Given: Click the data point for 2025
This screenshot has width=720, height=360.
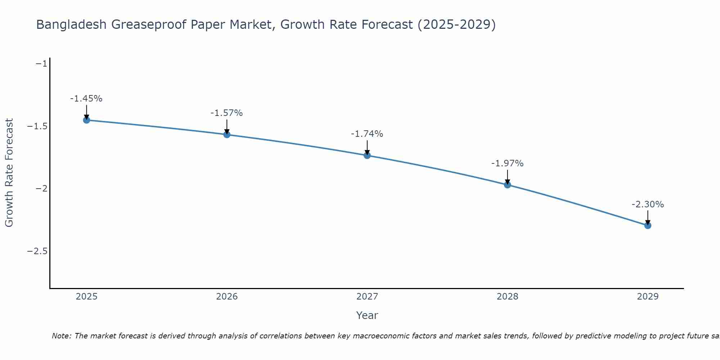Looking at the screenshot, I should [86, 120].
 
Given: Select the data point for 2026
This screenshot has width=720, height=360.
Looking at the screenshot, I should [227, 135].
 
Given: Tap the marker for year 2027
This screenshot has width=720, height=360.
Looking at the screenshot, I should [367, 156].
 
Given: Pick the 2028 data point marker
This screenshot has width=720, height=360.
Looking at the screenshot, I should [508, 185].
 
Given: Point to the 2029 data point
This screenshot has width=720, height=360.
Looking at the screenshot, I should [648, 226].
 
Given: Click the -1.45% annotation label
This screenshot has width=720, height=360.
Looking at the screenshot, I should [86, 99].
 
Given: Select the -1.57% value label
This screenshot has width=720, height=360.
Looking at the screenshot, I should [227, 113].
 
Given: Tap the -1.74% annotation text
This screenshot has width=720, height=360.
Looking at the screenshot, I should [367, 134].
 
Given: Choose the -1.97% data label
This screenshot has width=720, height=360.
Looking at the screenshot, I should [508, 163].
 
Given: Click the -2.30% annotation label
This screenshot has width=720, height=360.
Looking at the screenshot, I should [648, 204].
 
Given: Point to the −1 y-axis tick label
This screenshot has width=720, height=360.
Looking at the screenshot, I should [41, 64].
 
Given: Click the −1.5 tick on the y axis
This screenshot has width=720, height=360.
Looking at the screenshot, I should [37, 126].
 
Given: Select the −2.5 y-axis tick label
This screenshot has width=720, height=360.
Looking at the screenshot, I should [37, 251].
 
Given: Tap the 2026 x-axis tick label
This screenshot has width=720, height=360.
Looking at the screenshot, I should [227, 297].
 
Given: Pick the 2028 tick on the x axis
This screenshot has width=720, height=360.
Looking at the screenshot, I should [508, 297].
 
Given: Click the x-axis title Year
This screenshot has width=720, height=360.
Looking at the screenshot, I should [367, 315].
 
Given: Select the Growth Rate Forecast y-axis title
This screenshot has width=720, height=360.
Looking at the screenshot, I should [9, 173].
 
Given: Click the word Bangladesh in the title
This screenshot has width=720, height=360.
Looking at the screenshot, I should [71, 24].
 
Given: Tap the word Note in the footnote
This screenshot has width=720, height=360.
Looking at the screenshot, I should [61, 336].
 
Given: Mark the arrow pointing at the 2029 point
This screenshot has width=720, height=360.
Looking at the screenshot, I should [648, 217].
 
